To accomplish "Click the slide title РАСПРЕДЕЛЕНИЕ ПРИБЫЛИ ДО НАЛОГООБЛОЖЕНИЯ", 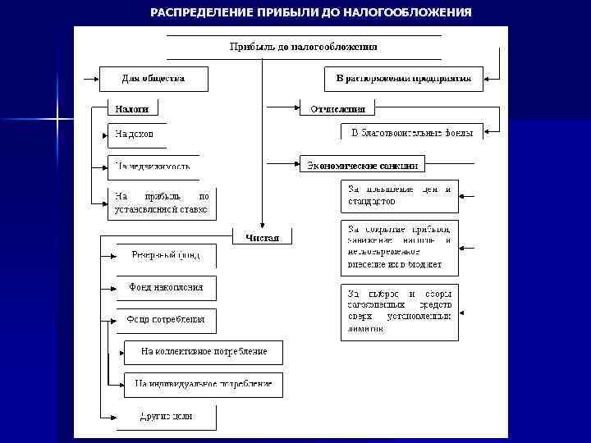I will [311, 12].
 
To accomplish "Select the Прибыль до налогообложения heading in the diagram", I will [303, 48].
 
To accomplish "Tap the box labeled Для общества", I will [153, 79].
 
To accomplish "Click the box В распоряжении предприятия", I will [397, 79].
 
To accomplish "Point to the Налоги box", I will [132, 107].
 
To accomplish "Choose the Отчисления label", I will [337, 108].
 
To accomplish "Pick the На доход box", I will [142, 135].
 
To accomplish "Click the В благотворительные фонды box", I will [412, 131].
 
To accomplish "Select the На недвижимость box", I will [153, 167].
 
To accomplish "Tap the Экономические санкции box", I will [363, 165].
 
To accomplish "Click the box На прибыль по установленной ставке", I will [163, 203].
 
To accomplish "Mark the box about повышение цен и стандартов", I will [400, 195].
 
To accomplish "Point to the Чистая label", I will [263, 238].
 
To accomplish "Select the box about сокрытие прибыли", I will [400, 247].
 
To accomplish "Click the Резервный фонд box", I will [166, 256].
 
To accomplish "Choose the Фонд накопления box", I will [166, 289].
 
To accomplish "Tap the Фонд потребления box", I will [166, 320].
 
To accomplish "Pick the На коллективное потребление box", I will [204, 352].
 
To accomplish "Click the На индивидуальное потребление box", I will [204, 384].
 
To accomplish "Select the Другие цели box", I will [166, 417].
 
